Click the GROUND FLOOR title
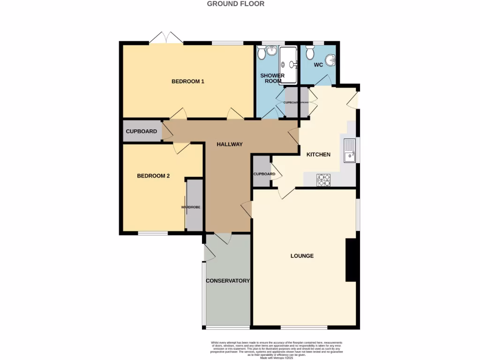pyautogui.click(x=236, y=4)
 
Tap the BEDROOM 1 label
pyautogui.click(x=188, y=82)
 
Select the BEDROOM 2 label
pyautogui.click(x=153, y=176)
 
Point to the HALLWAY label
pyautogui.click(x=230, y=144)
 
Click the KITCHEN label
pyautogui.click(x=318, y=155)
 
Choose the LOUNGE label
pyautogui.click(x=302, y=256)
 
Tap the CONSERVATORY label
pyautogui.click(x=228, y=281)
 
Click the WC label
pyautogui.click(x=318, y=65)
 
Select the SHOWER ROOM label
pyautogui.click(x=272, y=78)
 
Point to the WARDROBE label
pyautogui.click(x=191, y=207)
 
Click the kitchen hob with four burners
pyautogui.click(x=324, y=180)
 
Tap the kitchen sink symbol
pyautogui.click(x=349, y=150)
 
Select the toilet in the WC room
pyautogui.click(x=309, y=53)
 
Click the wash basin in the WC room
pyautogui.click(x=331, y=60)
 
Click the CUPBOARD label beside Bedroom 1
pyautogui.click(x=142, y=132)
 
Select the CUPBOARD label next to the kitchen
pyautogui.click(x=264, y=174)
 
